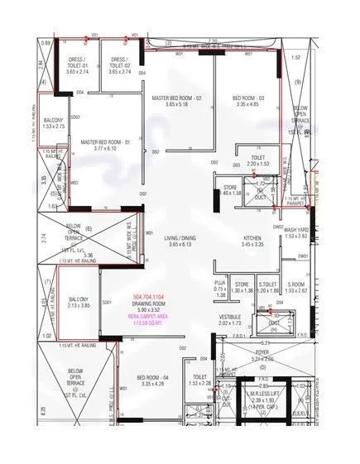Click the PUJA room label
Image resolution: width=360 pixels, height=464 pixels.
221,285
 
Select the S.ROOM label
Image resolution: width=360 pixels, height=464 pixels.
295,285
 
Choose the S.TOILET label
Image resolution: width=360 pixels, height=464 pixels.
267,285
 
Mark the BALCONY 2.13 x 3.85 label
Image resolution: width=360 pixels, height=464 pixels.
79,299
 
